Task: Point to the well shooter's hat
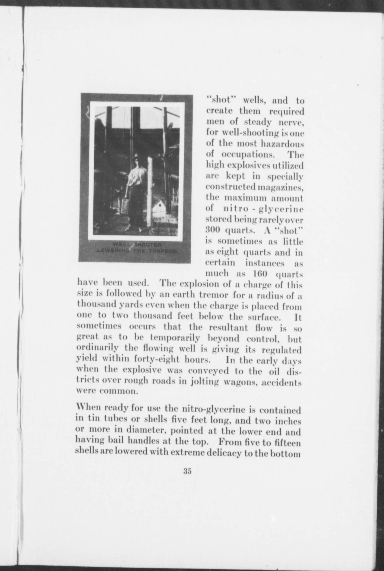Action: click(136, 157)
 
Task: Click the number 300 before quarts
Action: click(212, 230)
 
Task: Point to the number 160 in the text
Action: click(259, 274)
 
